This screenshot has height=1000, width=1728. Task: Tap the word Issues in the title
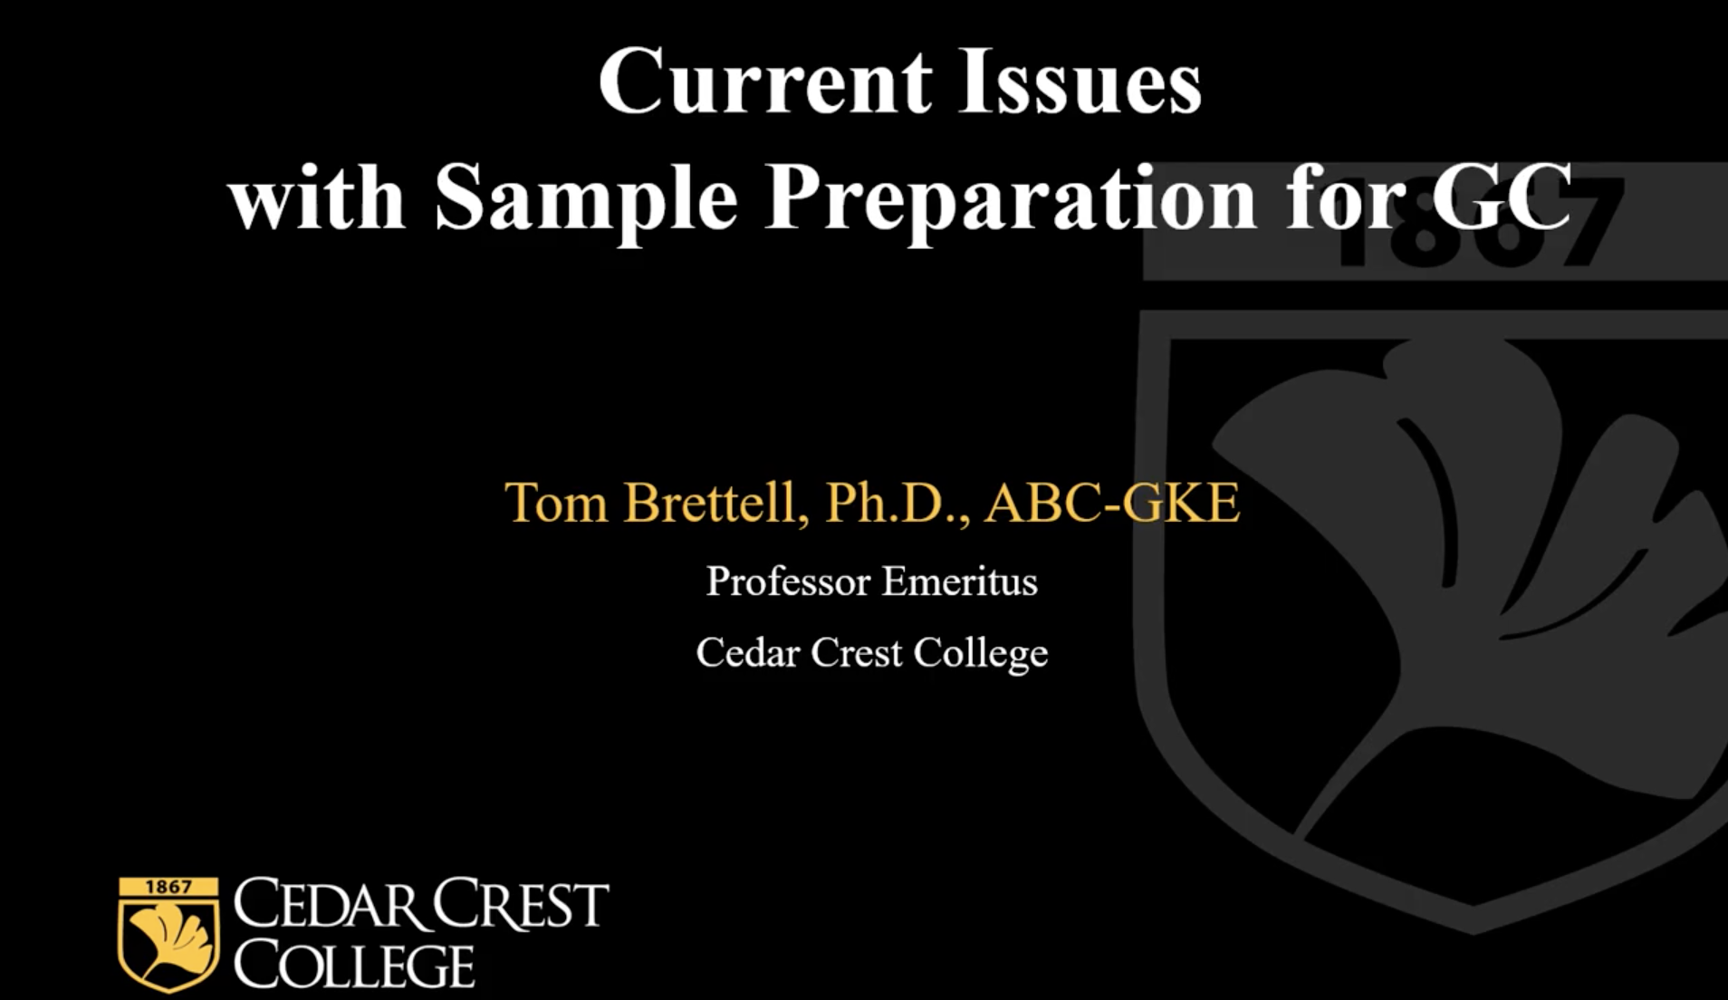pos(1080,82)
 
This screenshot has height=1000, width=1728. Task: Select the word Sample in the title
pos(586,200)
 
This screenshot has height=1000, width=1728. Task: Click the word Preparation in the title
pos(1011,200)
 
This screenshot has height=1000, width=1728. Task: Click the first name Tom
pos(556,503)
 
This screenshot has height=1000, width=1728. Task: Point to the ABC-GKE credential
pos(1113,503)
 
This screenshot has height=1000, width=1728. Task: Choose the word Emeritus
pos(960,582)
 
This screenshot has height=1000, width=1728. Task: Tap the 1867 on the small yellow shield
pos(168,887)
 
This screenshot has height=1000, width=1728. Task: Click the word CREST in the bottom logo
pos(520,904)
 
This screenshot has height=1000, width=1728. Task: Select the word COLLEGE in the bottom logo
pos(354,966)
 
